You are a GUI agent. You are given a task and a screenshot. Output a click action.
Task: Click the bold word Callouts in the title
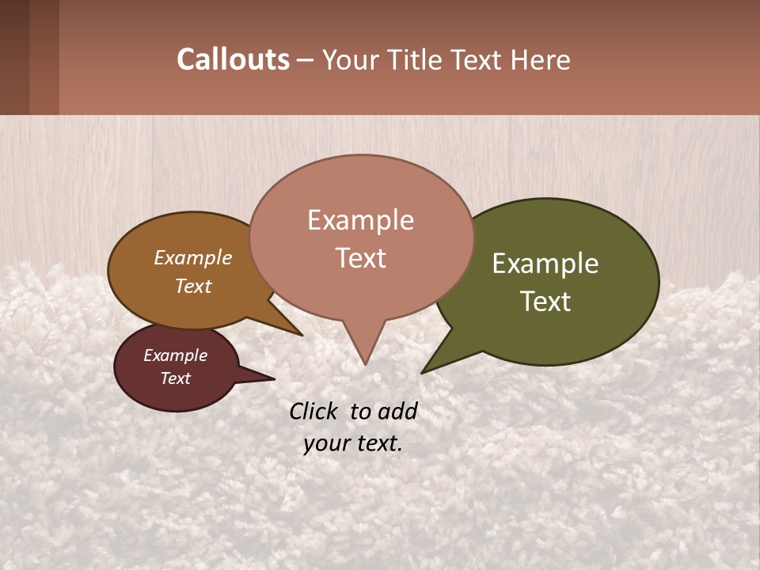[233, 60]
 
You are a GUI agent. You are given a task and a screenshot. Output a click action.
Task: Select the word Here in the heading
[541, 60]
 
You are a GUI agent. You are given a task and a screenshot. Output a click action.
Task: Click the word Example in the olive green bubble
[545, 264]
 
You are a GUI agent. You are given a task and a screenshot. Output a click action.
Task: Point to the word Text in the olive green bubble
[546, 302]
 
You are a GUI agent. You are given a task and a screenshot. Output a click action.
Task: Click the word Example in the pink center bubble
[360, 220]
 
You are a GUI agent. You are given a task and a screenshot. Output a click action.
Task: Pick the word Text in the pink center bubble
[361, 258]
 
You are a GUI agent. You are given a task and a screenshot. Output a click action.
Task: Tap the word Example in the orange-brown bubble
[193, 257]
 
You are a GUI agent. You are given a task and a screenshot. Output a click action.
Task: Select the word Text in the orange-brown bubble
[193, 286]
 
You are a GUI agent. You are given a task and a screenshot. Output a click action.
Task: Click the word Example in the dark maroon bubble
[176, 355]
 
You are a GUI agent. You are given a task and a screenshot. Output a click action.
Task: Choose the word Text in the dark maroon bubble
[176, 378]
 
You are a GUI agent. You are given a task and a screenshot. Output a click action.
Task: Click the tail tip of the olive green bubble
[423, 372]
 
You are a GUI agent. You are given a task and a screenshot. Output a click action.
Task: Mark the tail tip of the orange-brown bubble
[302, 335]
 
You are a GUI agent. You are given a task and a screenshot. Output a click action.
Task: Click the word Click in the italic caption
[315, 411]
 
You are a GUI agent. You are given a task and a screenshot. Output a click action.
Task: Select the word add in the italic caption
[397, 411]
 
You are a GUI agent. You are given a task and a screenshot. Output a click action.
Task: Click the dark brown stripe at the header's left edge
[14, 57]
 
